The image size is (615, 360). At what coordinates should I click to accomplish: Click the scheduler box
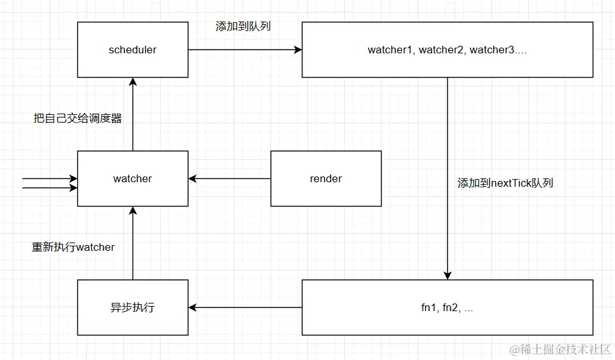coord(133,50)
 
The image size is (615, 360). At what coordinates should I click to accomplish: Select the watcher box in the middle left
coord(133,178)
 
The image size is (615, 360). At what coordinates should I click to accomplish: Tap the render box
coord(326,178)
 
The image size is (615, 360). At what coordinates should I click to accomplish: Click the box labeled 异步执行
coord(133,307)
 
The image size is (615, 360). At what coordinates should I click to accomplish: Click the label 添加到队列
coord(244,27)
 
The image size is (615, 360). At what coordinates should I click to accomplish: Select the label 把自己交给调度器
coord(77,118)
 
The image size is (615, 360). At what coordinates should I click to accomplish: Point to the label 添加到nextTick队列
coord(505,183)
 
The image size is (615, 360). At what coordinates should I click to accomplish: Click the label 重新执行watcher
coord(74,247)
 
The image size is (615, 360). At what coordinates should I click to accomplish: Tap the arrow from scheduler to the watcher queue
coord(244,50)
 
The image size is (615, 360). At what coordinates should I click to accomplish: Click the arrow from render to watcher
coord(229,178)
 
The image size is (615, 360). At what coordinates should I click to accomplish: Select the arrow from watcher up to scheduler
coord(133,114)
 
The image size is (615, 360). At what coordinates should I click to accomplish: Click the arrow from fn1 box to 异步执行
coord(244,307)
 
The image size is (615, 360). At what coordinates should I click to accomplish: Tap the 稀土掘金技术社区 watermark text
coord(559,349)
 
